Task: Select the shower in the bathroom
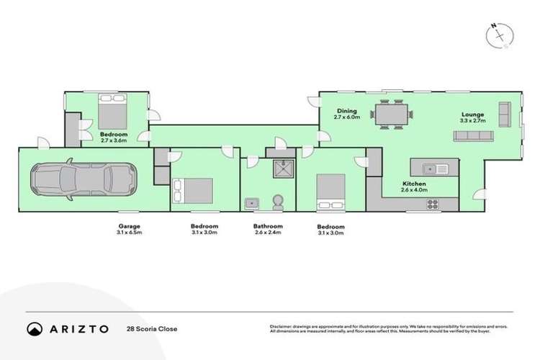click(x=276, y=168)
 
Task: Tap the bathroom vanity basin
click(x=252, y=203)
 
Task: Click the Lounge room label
click(x=472, y=114)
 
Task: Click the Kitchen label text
click(x=414, y=185)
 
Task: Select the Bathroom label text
click(x=268, y=226)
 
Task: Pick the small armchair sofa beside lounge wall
click(x=503, y=114)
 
